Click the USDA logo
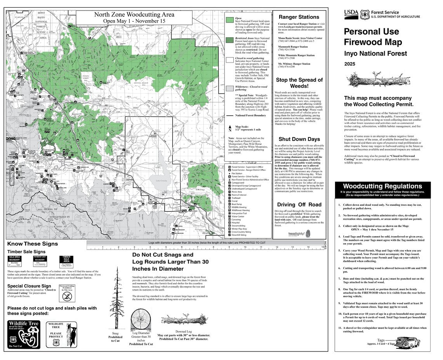pyautogui.click(x=351, y=14)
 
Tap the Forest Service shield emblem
pyautogui.click(x=365, y=14)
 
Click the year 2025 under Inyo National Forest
pyautogui.click(x=350, y=64)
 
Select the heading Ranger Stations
pyautogui.click(x=299, y=17)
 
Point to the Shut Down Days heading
pyautogui.click(x=299, y=139)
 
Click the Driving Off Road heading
pyautogui.click(x=299, y=205)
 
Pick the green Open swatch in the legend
pyautogui.click(x=229, y=20)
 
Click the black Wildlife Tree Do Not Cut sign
pyautogui.click(x=24, y=334)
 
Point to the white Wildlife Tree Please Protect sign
pyautogui.click(x=56, y=334)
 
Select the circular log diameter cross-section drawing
pyautogui.click(x=141, y=320)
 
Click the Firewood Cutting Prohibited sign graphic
pyautogui.click(x=67, y=294)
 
